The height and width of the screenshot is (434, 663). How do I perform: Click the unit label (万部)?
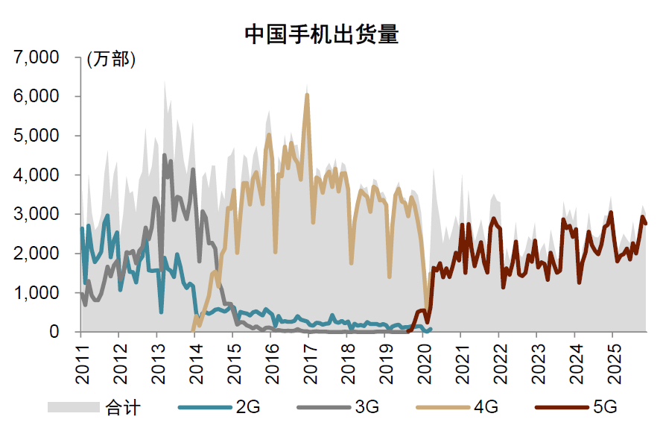pyautogui.click(x=112, y=60)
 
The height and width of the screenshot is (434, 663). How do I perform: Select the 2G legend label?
pyautogui.click(x=247, y=407)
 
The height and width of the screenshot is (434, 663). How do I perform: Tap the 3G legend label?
pyautogui.click(x=367, y=407)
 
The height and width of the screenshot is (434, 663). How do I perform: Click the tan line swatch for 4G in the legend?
pyautogui.click(x=443, y=407)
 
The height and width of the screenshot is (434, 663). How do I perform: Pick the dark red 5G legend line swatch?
pyautogui.click(x=562, y=407)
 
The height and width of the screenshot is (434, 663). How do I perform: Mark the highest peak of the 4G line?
pyautogui.click(x=307, y=95)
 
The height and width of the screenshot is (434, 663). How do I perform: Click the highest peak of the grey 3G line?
pyautogui.click(x=164, y=155)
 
